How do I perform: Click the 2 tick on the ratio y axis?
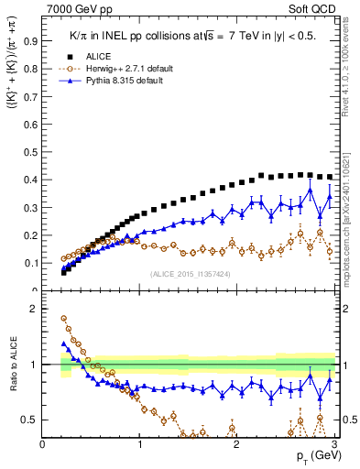click(33, 309)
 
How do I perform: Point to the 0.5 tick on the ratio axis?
click(28, 420)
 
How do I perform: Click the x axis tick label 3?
click(333, 444)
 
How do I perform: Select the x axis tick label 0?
click(42, 444)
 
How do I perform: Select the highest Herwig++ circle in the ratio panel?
click(64, 319)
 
